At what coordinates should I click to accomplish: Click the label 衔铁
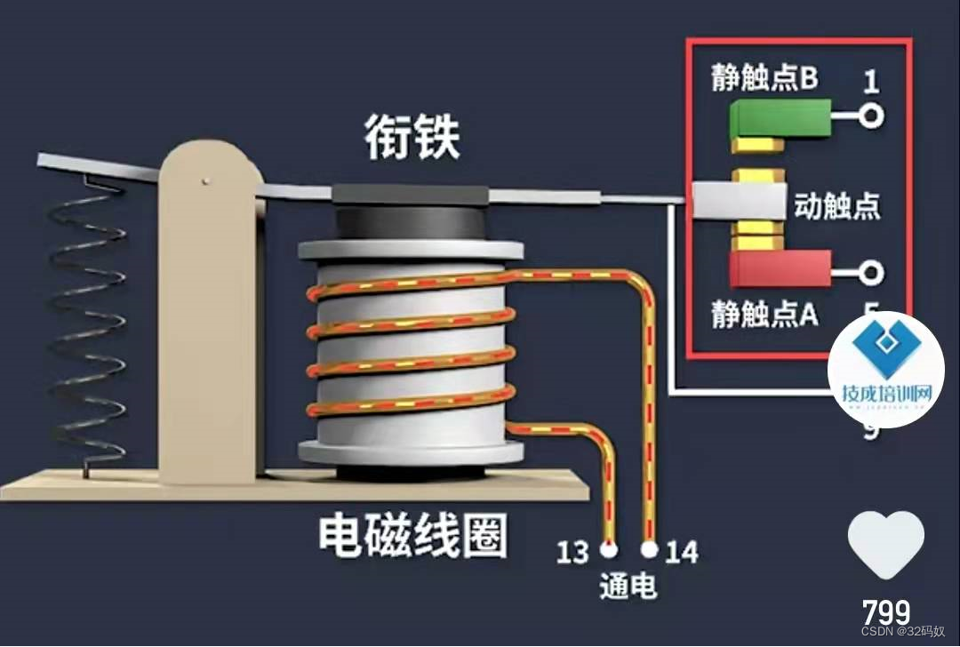point(412,140)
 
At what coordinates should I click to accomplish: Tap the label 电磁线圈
point(413,535)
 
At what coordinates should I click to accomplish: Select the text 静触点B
point(764,79)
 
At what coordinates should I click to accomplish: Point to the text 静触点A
point(764,314)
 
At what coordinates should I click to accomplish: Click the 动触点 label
point(836,206)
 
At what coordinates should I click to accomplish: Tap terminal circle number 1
point(872,116)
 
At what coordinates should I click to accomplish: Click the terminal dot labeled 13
point(610,548)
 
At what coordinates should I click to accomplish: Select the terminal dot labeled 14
point(650,549)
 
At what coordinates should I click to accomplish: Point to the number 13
point(573,553)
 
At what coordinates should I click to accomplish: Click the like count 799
point(886,611)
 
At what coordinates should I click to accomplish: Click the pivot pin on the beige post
point(206,181)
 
